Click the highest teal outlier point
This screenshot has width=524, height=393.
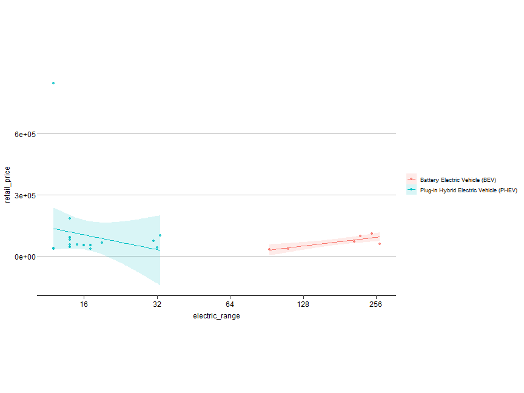coord(53,83)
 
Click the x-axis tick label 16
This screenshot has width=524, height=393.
coord(84,304)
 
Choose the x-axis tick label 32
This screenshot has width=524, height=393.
coord(157,304)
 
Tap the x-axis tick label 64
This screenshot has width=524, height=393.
coord(230,304)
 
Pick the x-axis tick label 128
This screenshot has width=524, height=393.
coord(303,304)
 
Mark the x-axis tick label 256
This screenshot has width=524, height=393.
coord(376,304)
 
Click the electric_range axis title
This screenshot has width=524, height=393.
coord(217,316)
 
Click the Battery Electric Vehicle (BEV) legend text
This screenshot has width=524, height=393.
coord(458,180)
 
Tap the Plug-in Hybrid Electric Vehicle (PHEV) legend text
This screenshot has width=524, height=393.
coord(468,190)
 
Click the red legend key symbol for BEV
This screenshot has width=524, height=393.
coord(412,180)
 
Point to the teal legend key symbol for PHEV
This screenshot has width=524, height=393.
coord(412,190)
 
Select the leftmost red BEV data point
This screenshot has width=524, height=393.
coord(269,249)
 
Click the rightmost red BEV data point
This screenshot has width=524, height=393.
coord(380,244)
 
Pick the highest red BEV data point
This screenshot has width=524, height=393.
coord(372,233)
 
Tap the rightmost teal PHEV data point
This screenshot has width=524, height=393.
coord(160,235)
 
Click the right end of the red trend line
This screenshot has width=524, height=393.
coord(380,237)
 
